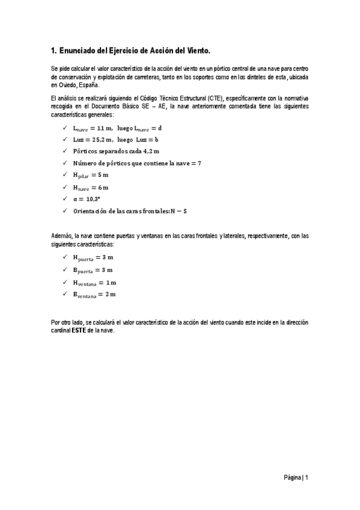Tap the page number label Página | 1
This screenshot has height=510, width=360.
click(x=296, y=478)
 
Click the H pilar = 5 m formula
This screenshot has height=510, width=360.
click(x=91, y=175)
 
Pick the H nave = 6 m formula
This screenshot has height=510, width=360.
click(x=91, y=187)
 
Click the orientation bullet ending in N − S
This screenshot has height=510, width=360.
click(x=130, y=210)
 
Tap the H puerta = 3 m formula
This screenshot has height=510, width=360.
click(x=93, y=257)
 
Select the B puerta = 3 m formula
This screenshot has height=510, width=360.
click(x=93, y=269)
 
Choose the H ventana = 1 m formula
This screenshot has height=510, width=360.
click(x=95, y=282)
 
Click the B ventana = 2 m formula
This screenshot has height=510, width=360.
click(x=95, y=294)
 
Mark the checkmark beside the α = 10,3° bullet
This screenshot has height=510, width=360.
click(x=64, y=198)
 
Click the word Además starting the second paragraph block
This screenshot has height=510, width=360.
click(x=61, y=236)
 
